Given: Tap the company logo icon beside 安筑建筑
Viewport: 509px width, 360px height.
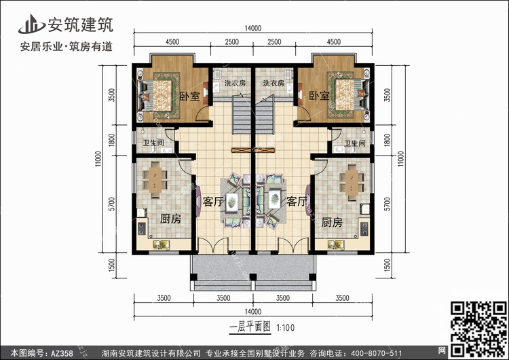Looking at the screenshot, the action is pyautogui.click(x=31, y=24).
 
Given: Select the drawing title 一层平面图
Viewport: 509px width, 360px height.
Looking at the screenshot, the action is pyautogui.click(x=250, y=327).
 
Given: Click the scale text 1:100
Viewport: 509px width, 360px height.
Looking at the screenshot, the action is pyautogui.click(x=286, y=327).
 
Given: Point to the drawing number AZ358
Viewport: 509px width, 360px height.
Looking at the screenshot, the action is pyautogui.click(x=62, y=353).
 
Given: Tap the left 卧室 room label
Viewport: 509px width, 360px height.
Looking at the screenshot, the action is pyautogui.click(x=190, y=96).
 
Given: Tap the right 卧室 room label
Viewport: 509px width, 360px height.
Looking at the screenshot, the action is pyautogui.click(x=319, y=96).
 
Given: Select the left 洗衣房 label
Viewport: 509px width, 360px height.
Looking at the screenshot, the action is pyautogui.click(x=235, y=83).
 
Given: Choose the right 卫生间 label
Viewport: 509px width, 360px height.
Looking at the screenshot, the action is pyautogui.click(x=355, y=143).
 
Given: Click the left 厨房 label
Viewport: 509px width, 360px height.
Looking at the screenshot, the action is pyautogui.click(x=170, y=219).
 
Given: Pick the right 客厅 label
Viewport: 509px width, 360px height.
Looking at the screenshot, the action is pyautogui.click(x=297, y=202).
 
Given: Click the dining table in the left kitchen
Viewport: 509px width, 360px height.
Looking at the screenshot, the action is pyautogui.click(x=155, y=180).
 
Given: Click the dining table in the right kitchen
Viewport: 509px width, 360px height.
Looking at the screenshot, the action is pyautogui.click(x=352, y=183).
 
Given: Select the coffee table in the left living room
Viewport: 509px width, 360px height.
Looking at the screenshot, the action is pyautogui.click(x=232, y=202).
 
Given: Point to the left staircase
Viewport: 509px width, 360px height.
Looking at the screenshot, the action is pyautogui.click(x=242, y=114).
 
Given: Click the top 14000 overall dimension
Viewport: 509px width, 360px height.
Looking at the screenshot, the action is pyautogui.click(x=253, y=29).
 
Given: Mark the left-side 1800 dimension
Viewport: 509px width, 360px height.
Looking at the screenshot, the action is pyautogui.click(x=111, y=140).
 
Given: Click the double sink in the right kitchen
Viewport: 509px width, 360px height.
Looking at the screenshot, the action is pyautogui.click(x=336, y=245).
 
